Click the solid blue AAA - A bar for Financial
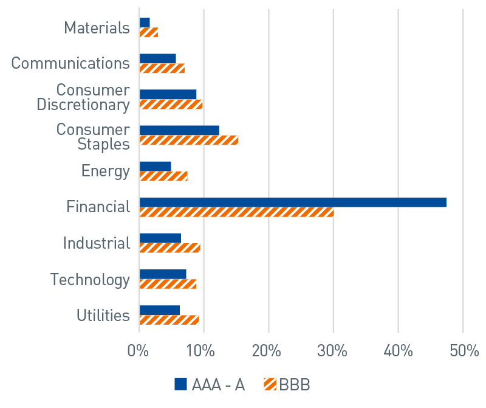pyautogui.click(x=293, y=202)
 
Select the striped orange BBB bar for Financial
pyautogui.click(x=236, y=212)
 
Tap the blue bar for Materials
pyautogui.click(x=145, y=22)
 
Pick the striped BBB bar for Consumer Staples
pyautogui.click(x=189, y=140)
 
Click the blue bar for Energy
pyautogui.click(x=156, y=166)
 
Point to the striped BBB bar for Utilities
pyautogui.click(x=169, y=320)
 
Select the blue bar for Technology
pyautogui.click(x=163, y=274)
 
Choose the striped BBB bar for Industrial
pyautogui.click(x=169, y=248)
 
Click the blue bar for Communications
pyautogui.click(x=158, y=58)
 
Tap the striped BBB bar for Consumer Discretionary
pyautogui.click(x=171, y=104)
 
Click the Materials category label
pyautogui.click(x=97, y=28)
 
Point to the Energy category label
pyautogui.click(x=105, y=171)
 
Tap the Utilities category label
pyautogui.click(x=103, y=316)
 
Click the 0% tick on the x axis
pyautogui.click(x=139, y=351)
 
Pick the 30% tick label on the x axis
pyautogui.click(x=333, y=351)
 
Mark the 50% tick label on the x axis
pyautogui.click(x=463, y=351)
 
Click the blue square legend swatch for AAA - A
pyautogui.click(x=181, y=384)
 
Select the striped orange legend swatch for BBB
pyautogui.click(x=270, y=384)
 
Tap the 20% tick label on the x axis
pyautogui.click(x=268, y=351)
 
